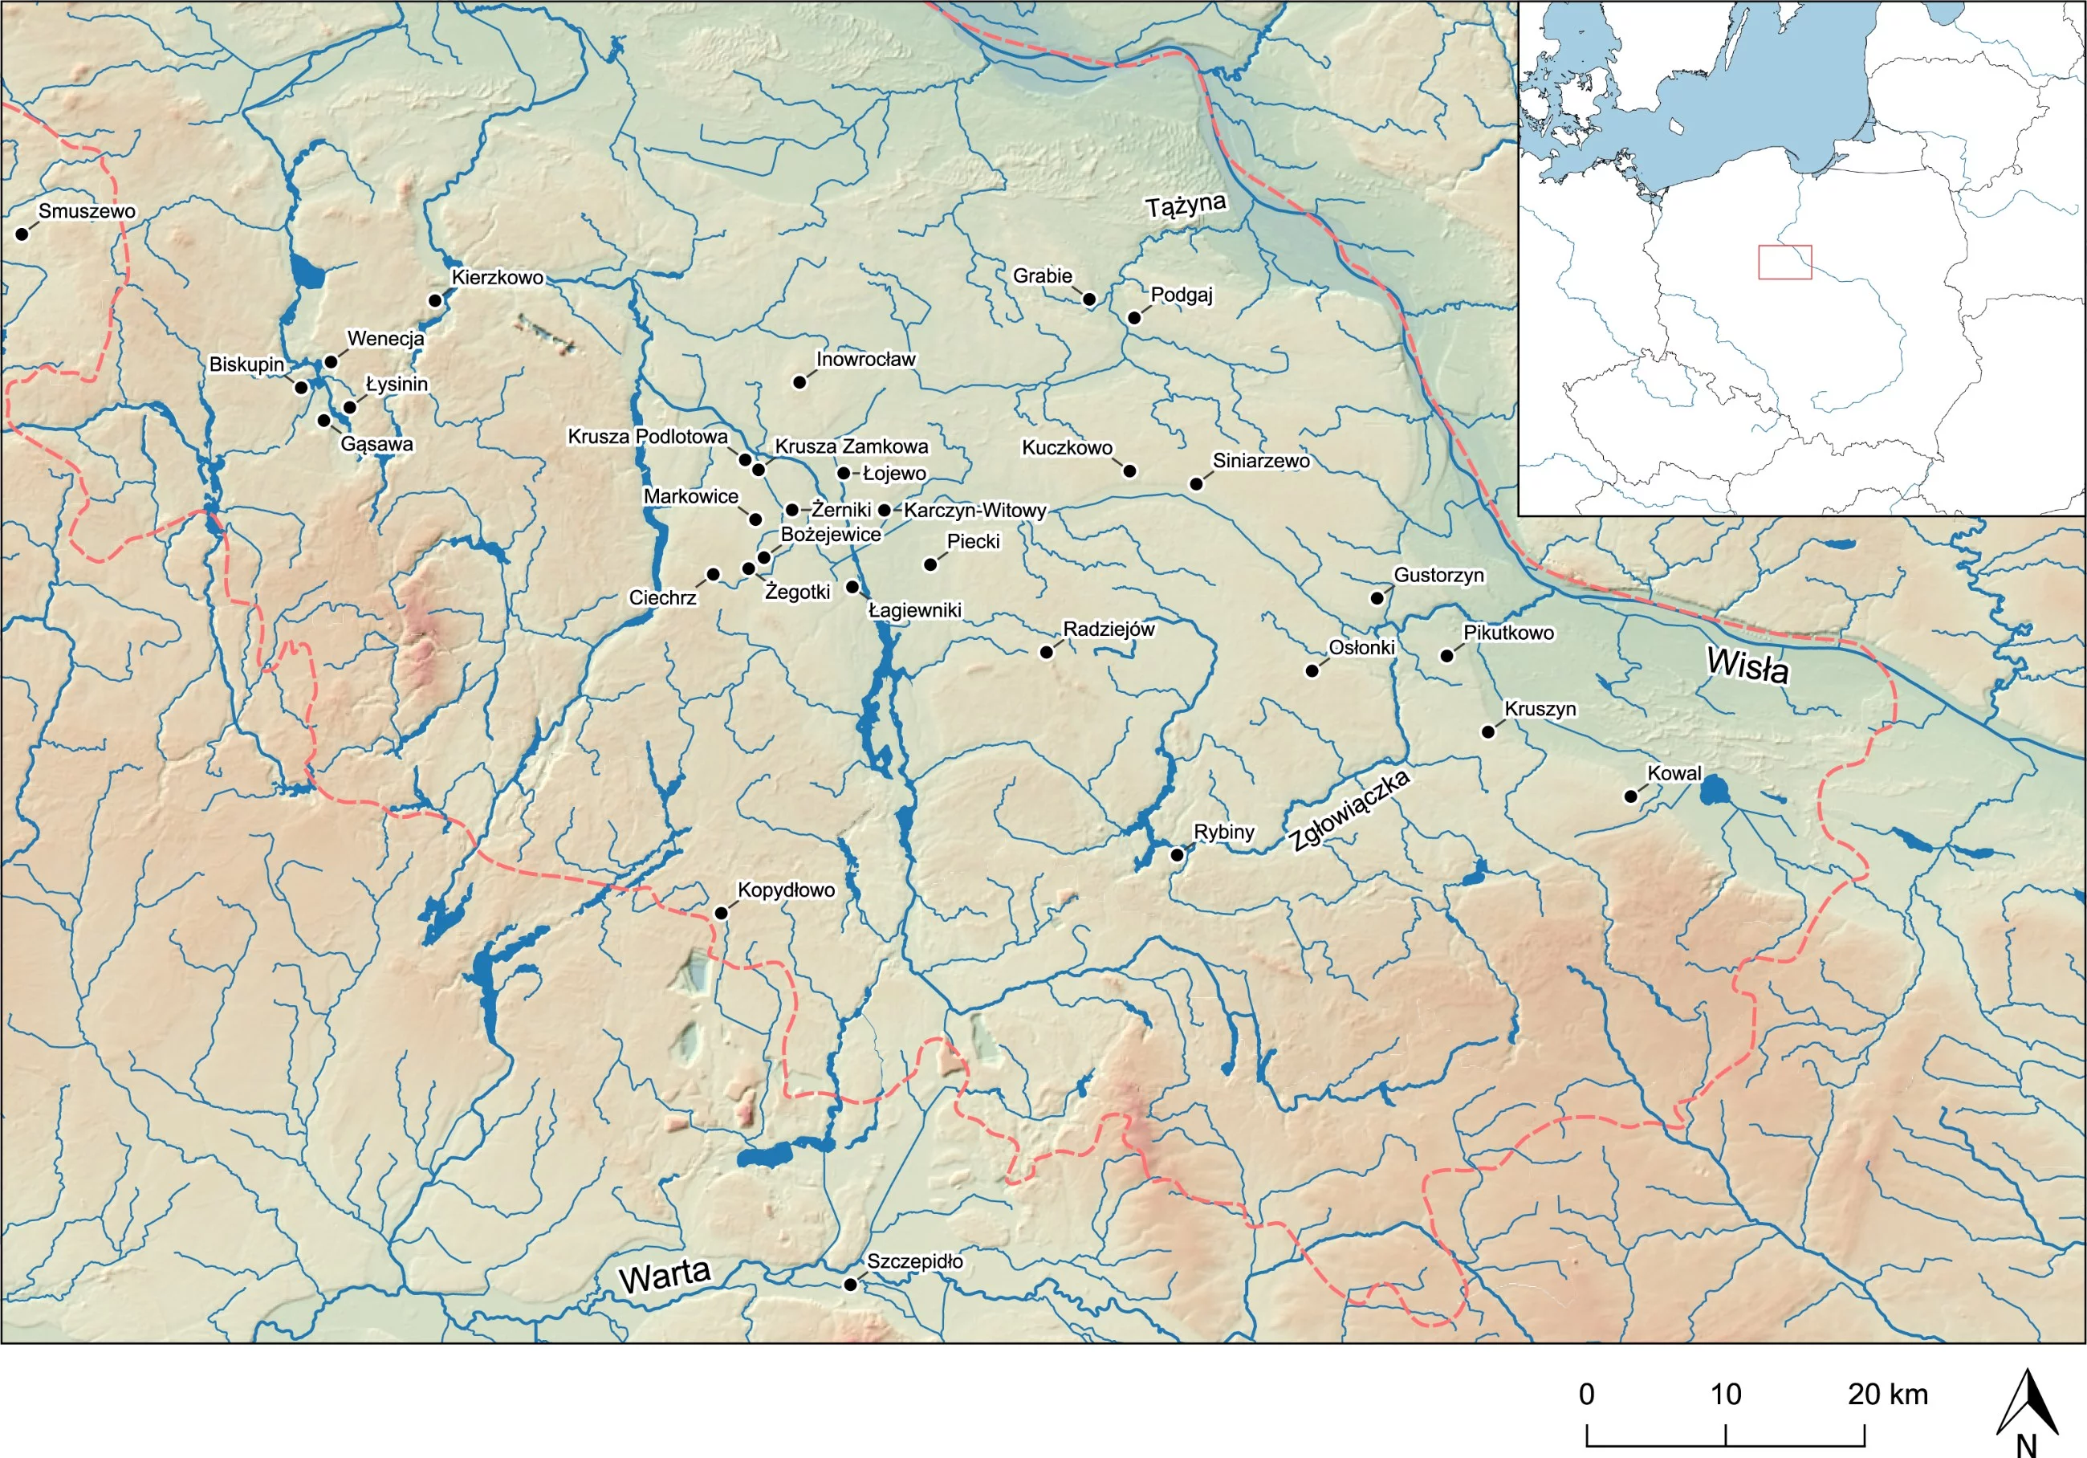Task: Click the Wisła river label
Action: point(1747,666)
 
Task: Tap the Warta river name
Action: point(665,1277)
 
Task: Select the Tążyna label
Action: point(1186,206)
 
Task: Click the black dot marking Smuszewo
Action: point(22,234)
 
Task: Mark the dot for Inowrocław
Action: point(800,382)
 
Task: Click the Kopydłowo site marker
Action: point(721,913)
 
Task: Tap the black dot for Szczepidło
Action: point(850,1285)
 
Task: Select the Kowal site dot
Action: point(1631,796)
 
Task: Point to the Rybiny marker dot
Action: point(1177,854)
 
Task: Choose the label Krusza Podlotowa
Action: point(647,436)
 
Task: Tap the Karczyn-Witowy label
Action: point(974,510)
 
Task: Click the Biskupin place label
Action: point(246,364)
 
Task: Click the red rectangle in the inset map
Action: point(1784,262)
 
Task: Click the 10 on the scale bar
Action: point(1725,1395)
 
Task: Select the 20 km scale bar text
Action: point(1887,1395)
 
